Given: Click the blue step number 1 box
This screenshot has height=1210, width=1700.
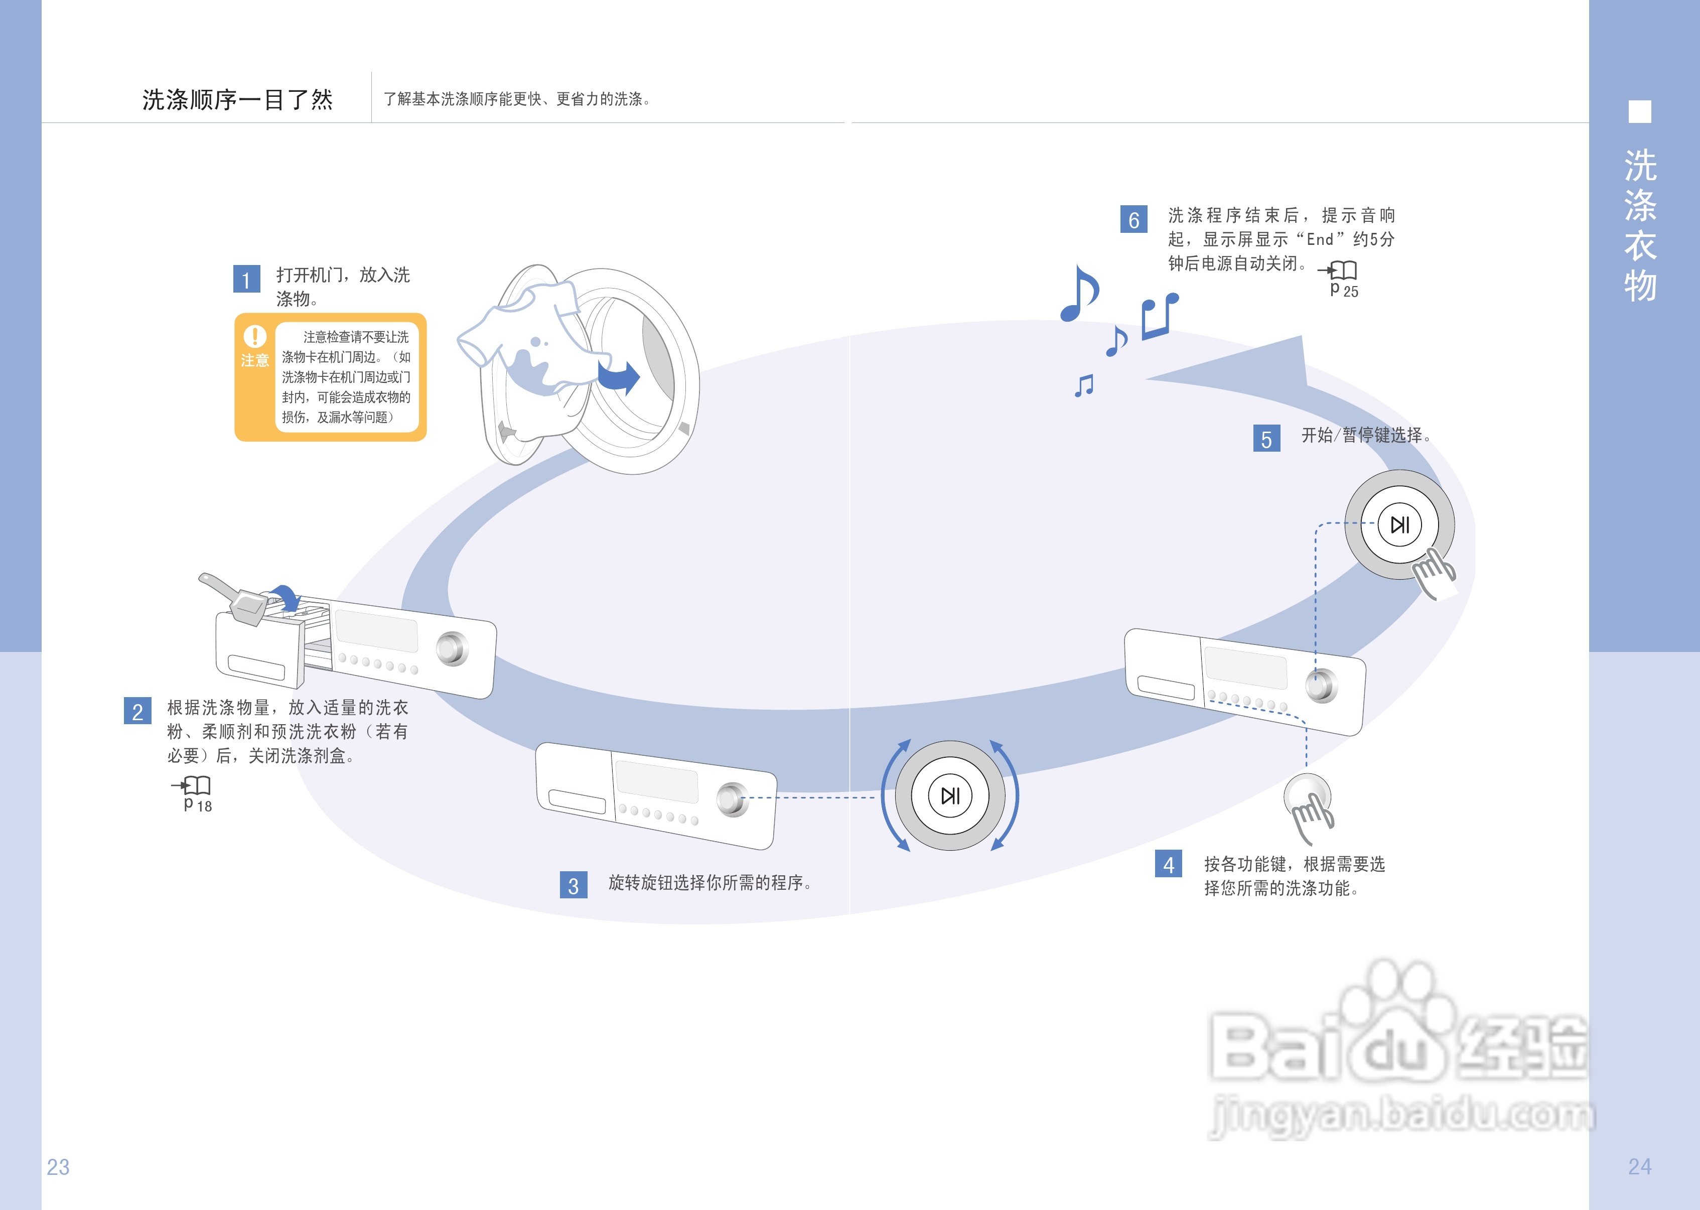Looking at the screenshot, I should tap(246, 280).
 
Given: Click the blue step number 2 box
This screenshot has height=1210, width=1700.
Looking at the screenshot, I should tap(137, 711).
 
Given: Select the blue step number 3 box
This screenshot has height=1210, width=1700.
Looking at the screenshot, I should tap(573, 885).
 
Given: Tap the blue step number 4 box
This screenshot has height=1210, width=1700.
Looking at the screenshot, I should tap(1168, 864).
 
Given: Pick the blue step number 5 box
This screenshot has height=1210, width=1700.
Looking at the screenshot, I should tap(1266, 439).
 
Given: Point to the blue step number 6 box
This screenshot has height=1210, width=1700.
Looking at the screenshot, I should tap(1133, 219).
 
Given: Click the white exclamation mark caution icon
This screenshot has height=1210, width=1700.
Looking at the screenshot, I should tap(255, 337).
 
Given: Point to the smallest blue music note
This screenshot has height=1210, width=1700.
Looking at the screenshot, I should tap(1084, 385).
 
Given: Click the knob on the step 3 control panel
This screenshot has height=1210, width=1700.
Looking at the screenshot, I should tap(732, 799).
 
